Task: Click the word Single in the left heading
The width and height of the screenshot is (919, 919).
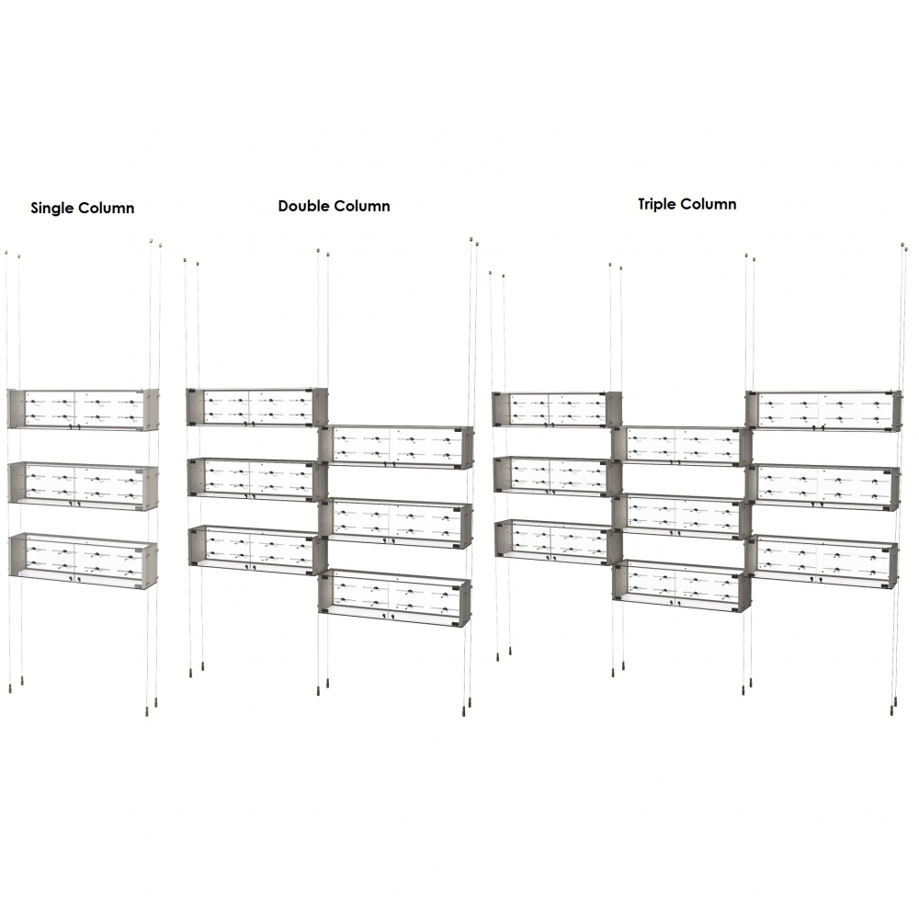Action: click(x=52, y=209)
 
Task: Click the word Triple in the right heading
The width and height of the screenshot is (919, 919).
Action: click(x=658, y=205)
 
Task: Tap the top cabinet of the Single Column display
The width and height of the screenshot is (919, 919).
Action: click(x=84, y=409)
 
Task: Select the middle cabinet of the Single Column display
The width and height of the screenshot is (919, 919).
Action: click(x=84, y=486)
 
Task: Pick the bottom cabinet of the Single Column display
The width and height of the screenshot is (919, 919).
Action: click(x=84, y=561)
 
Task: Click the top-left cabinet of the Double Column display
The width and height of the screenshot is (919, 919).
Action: click(x=256, y=407)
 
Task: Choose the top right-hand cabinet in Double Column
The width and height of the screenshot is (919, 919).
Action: click(x=396, y=448)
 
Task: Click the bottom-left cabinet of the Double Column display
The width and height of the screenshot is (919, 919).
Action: click(x=258, y=550)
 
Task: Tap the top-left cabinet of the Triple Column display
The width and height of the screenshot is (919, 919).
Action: click(x=557, y=409)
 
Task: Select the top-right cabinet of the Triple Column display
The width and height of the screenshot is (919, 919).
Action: click(x=823, y=411)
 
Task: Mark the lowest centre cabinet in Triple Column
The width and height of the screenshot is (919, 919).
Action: click(x=682, y=586)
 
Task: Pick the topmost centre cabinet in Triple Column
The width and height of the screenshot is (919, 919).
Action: click(x=682, y=447)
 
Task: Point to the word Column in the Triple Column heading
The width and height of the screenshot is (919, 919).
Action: click(x=709, y=204)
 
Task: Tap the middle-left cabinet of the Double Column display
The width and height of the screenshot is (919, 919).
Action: click(x=257, y=480)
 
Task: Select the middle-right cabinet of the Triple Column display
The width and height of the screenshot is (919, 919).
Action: click(x=823, y=486)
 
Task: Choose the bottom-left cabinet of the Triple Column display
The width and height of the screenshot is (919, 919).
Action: click(x=558, y=541)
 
